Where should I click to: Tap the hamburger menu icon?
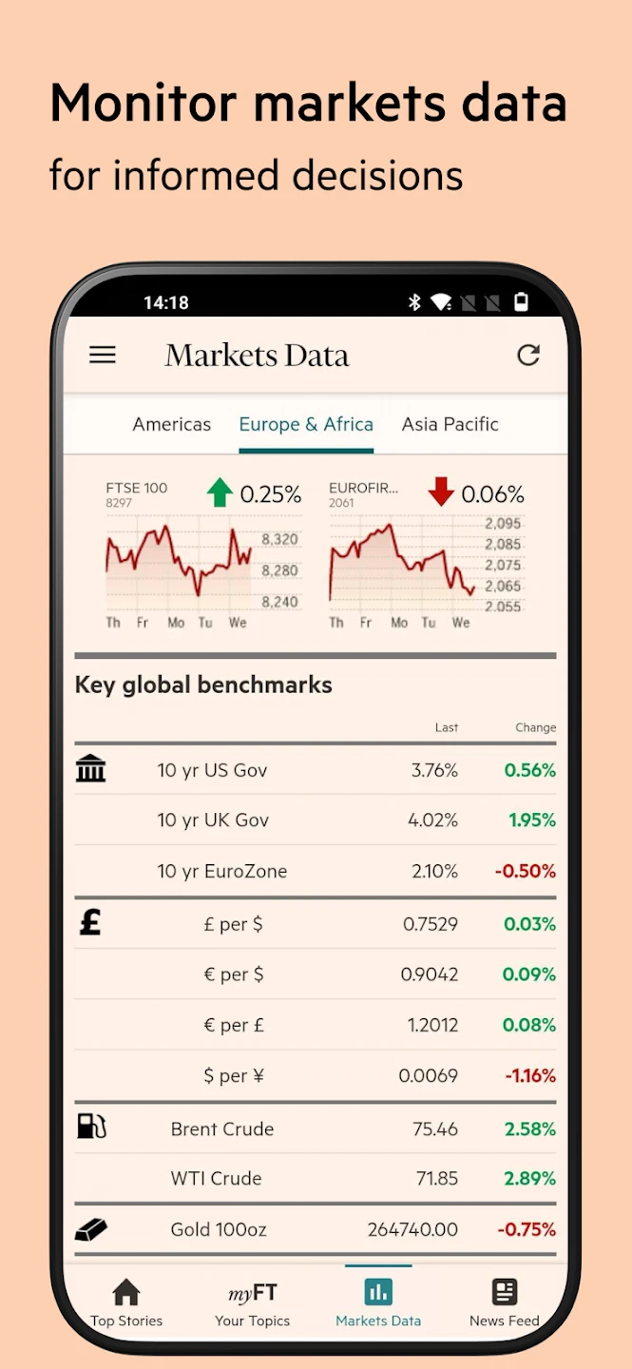click(103, 355)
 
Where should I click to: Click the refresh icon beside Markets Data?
click(528, 355)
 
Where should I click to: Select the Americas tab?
click(172, 424)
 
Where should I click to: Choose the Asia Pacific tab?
click(450, 424)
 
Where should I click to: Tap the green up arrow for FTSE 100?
click(220, 492)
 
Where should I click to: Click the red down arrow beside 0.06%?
click(441, 492)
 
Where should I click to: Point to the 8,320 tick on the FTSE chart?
click(279, 539)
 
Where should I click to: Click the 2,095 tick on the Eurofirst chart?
click(502, 524)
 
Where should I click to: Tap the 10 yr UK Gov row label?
click(213, 819)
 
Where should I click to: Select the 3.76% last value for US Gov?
click(434, 770)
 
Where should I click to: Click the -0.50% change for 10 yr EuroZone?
click(526, 871)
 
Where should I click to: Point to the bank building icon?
click(91, 768)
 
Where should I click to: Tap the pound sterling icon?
click(90, 922)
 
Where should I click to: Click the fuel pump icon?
click(91, 1127)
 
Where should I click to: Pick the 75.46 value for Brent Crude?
click(435, 1128)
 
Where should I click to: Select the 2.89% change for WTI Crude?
click(529, 1178)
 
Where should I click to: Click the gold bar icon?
click(91, 1229)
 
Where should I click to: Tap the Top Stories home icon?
click(126, 1292)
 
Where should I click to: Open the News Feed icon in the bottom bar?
click(505, 1292)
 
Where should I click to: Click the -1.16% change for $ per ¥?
click(530, 1076)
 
